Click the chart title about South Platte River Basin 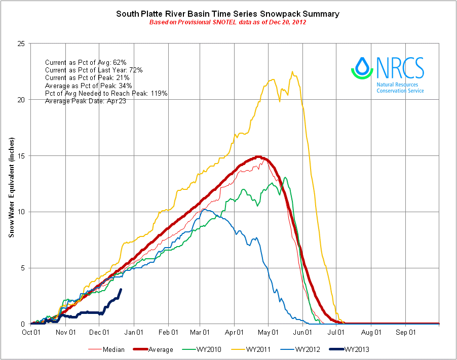point(228,13)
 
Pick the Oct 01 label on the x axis point(31,333)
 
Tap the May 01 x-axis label point(269,333)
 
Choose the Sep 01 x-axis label point(406,333)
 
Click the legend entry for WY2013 point(355,349)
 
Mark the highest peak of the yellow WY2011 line point(293,72)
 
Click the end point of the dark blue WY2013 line point(121,290)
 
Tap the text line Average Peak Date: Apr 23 point(85,101)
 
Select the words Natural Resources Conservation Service point(400,87)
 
